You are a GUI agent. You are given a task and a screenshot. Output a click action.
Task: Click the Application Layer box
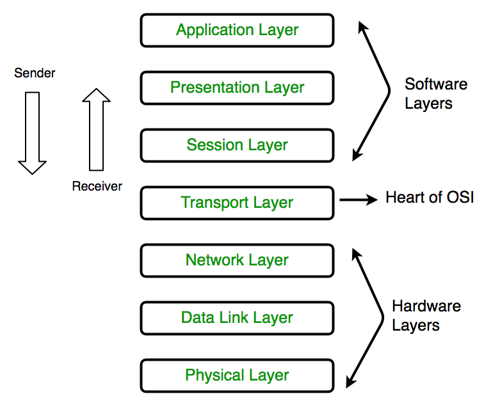pos(237,30)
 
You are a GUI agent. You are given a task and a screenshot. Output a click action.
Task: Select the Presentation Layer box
pos(237,88)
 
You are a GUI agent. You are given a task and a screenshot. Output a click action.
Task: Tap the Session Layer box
pos(237,145)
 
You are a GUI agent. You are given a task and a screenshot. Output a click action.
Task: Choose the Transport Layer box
pos(237,203)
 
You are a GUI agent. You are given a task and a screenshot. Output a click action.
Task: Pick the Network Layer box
pos(237,260)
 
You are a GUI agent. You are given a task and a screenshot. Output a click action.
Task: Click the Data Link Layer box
pos(237,318)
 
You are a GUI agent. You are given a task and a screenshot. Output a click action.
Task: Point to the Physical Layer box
pos(237,375)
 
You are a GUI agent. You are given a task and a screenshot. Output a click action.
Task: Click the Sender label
pos(35,74)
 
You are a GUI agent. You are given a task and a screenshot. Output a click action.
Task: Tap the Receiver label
pos(97,186)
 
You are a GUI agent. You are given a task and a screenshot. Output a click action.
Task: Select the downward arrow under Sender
pos(32,132)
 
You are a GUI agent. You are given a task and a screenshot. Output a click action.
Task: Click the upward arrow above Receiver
pos(97,131)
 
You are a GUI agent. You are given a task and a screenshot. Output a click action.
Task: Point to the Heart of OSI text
pos(430,197)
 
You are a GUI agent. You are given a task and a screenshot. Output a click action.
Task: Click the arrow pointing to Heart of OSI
pos(359,200)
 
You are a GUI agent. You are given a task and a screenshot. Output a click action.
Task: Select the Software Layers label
pos(435,93)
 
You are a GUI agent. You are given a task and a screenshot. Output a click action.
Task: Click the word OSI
pos(460,197)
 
